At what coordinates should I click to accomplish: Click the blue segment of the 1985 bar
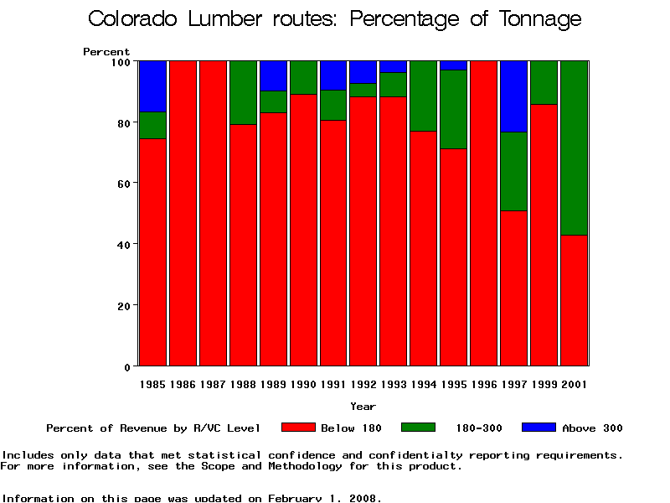[x=152, y=86]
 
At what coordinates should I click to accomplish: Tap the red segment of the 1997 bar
[x=513, y=288]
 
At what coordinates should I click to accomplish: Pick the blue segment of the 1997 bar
[x=513, y=96]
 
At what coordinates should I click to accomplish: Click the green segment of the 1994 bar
[x=423, y=96]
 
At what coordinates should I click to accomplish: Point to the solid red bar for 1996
[x=483, y=214]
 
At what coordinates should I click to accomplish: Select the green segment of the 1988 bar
[x=243, y=92]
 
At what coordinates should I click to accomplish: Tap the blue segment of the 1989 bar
[x=273, y=75]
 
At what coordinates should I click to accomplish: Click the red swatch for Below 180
[x=298, y=428]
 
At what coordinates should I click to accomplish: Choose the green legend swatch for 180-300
[x=418, y=428]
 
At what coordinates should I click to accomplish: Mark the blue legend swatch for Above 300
[x=539, y=428]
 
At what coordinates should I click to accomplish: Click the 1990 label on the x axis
[x=303, y=385]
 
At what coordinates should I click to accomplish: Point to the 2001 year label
[x=574, y=385]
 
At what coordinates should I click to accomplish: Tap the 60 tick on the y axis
[x=121, y=183]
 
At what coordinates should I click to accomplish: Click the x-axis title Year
[x=363, y=407]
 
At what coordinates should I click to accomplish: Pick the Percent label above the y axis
[x=106, y=52]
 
